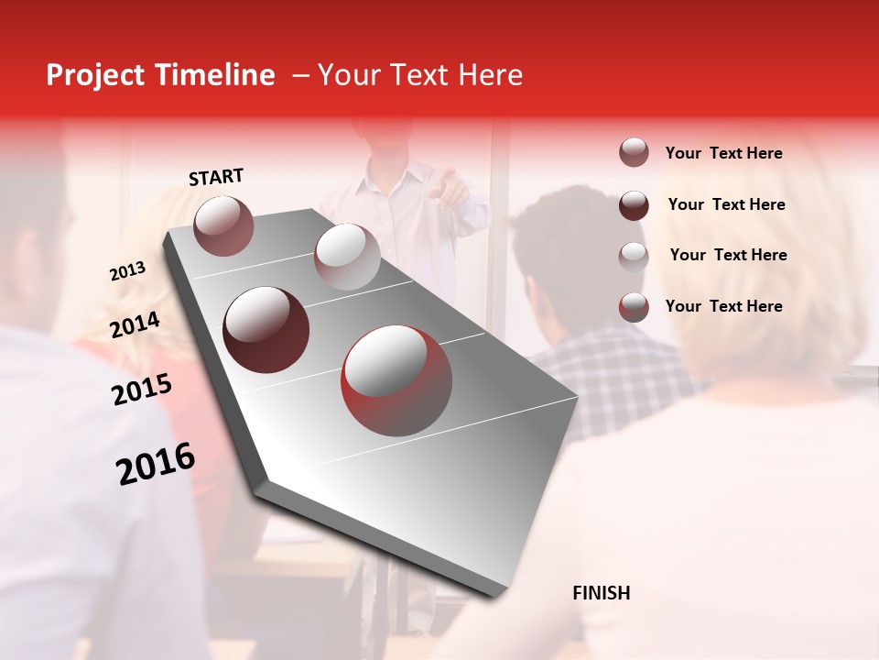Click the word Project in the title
tap(94, 75)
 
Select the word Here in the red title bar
tap(489, 75)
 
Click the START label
tap(216, 177)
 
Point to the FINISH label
tap(601, 593)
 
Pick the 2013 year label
tap(127, 271)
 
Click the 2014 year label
tap(135, 325)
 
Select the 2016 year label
tap(156, 464)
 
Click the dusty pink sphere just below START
tap(223, 225)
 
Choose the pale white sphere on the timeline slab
tap(347, 257)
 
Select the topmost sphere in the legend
tap(634, 153)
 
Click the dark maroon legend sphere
tap(634, 205)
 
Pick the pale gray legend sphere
tap(634, 256)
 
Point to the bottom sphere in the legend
tap(634, 307)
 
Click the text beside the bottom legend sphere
tap(723, 306)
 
